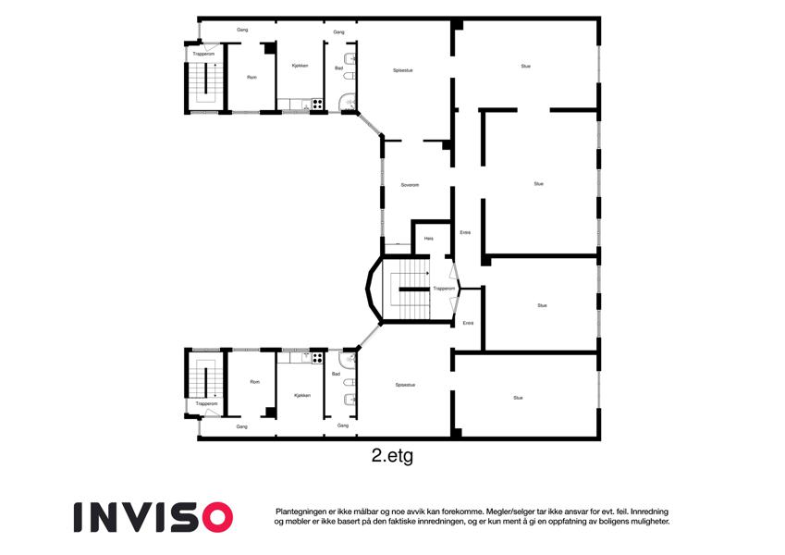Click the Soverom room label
point(410,185)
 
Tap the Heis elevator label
point(428,239)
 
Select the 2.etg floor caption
point(392,456)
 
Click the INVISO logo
point(153,517)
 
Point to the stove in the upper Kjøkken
point(317,105)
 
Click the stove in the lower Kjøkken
point(317,358)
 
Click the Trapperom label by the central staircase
point(444,289)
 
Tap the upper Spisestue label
point(403,70)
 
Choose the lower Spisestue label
point(405,385)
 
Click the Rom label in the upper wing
point(251,77)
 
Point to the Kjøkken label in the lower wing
point(302,395)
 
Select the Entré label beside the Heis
point(465,232)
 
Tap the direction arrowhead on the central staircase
point(427,273)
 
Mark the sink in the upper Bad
point(351,58)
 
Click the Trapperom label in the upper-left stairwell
point(203,54)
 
